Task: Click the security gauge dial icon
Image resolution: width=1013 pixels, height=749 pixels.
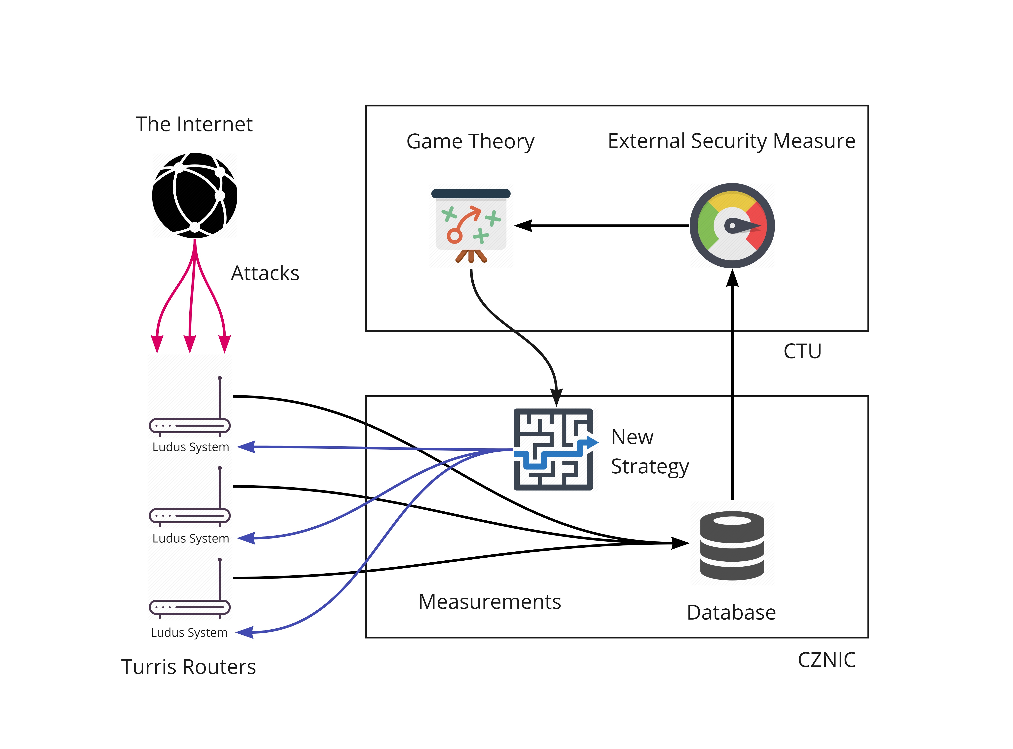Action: point(732,225)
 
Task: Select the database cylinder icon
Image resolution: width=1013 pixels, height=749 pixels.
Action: point(732,545)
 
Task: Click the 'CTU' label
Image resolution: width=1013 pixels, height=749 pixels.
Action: point(802,351)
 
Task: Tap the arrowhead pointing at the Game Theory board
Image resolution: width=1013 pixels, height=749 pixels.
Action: point(523,225)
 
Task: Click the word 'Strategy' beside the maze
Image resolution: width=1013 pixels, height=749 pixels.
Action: point(649,467)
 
